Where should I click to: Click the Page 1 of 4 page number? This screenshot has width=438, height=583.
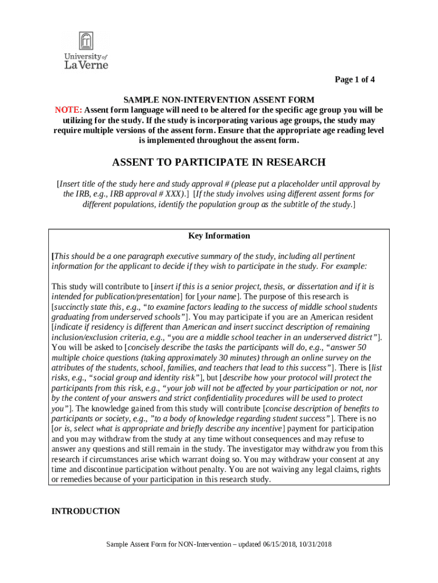354,80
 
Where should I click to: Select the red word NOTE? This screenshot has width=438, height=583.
68,110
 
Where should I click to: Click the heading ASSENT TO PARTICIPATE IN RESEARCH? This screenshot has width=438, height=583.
218,163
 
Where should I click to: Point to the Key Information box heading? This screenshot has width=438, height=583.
219,236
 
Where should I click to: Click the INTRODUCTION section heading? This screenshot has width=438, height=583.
85,511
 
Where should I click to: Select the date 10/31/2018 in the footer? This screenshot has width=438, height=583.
314,544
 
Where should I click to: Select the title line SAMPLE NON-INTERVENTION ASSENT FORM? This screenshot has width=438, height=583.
219,100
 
